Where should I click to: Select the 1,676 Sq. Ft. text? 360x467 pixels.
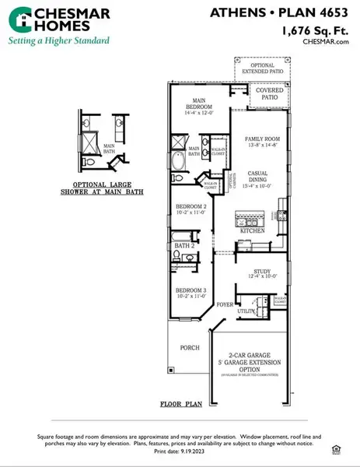(314, 30)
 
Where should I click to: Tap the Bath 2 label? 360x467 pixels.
(183, 246)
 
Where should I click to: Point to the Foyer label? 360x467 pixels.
(225, 304)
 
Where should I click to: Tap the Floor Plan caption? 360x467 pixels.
(180, 405)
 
